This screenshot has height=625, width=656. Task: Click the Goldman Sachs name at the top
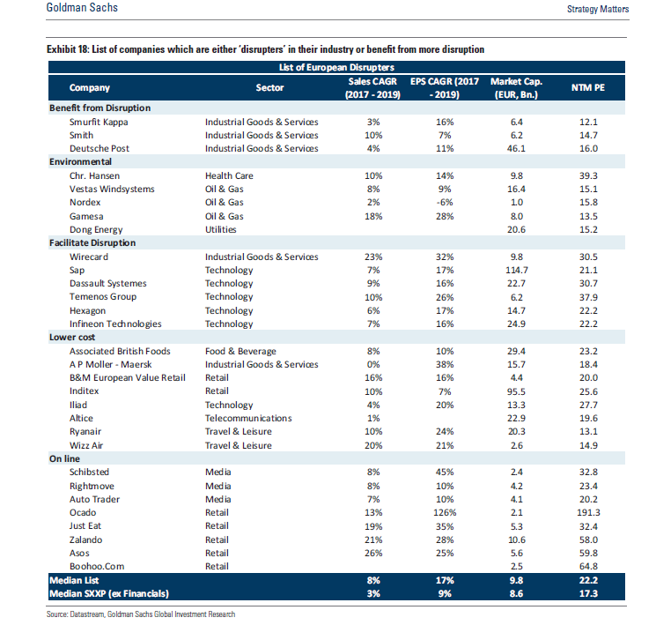tap(82, 8)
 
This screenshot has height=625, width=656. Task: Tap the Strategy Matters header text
tap(598, 9)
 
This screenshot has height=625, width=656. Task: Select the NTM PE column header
tap(588, 87)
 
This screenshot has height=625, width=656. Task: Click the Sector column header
tap(269, 87)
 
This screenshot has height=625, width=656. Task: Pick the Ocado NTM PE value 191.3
tap(588, 512)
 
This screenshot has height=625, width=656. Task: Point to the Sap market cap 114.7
tap(517, 271)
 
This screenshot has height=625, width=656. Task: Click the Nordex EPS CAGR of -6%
tap(445, 203)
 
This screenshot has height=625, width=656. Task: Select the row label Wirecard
tap(89, 257)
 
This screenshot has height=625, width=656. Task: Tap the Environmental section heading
tap(80, 161)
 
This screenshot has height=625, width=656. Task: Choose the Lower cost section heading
tap(72, 338)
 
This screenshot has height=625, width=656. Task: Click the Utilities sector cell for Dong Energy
tap(220, 229)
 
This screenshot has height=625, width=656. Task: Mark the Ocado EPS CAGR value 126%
tap(445, 512)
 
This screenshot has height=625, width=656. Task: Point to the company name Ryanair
tap(85, 432)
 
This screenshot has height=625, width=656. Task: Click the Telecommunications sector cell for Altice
tap(248, 418)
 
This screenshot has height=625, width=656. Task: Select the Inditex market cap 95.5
tap(517, 391)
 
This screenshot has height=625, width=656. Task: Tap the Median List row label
tap(74, 581)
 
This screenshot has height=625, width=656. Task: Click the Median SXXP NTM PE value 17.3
tap(588, 593)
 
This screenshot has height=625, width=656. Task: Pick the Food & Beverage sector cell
tap(240, 351)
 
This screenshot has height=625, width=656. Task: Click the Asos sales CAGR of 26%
tap(373, 553)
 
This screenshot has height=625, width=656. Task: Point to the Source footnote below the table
tap(141, 614)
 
